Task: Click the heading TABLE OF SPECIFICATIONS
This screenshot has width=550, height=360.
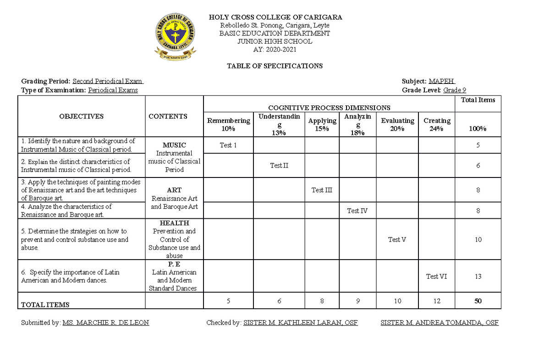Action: [x=275, y=66]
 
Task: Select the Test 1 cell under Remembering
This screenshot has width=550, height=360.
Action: [x=228, y=145]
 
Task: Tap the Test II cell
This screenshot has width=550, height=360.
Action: [x=279, y=166]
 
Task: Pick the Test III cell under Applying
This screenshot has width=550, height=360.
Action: [x=321, y=190]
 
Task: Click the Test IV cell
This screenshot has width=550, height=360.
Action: [x=357, y=211]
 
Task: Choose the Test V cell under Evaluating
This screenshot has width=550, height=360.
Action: [x=397, y=239]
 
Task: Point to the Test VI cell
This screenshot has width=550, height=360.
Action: [x=436, y=277]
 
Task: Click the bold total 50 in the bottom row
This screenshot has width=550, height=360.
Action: [x=478, y=301]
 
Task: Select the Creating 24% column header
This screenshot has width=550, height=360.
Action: [x=436, y=124]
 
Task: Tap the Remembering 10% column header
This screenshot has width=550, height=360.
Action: [x=228, y=124]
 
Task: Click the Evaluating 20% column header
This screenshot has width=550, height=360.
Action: [x=397, y=124]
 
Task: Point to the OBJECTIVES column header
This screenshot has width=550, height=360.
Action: [x=81, y=116]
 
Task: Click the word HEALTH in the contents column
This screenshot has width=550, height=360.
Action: [x=174, y=223]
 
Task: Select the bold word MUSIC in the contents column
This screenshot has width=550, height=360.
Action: [x=174, y=145]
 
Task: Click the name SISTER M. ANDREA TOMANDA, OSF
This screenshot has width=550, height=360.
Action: [x=439, y=323]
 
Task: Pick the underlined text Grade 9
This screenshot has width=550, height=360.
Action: [x=455, y=90]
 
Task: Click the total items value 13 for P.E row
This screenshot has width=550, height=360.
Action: [x=478, y=277]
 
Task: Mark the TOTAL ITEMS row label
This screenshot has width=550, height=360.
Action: [x=45, y=305]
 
